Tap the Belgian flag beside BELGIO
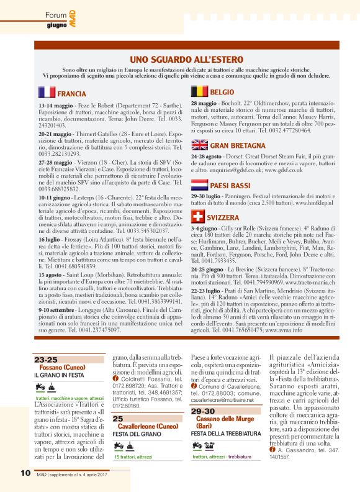[x=199, y=91]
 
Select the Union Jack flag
[x=199, y=145]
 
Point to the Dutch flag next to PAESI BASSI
[x=199, y=184]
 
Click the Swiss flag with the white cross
[x=199, y=217]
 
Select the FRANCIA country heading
[x=71, y=94]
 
